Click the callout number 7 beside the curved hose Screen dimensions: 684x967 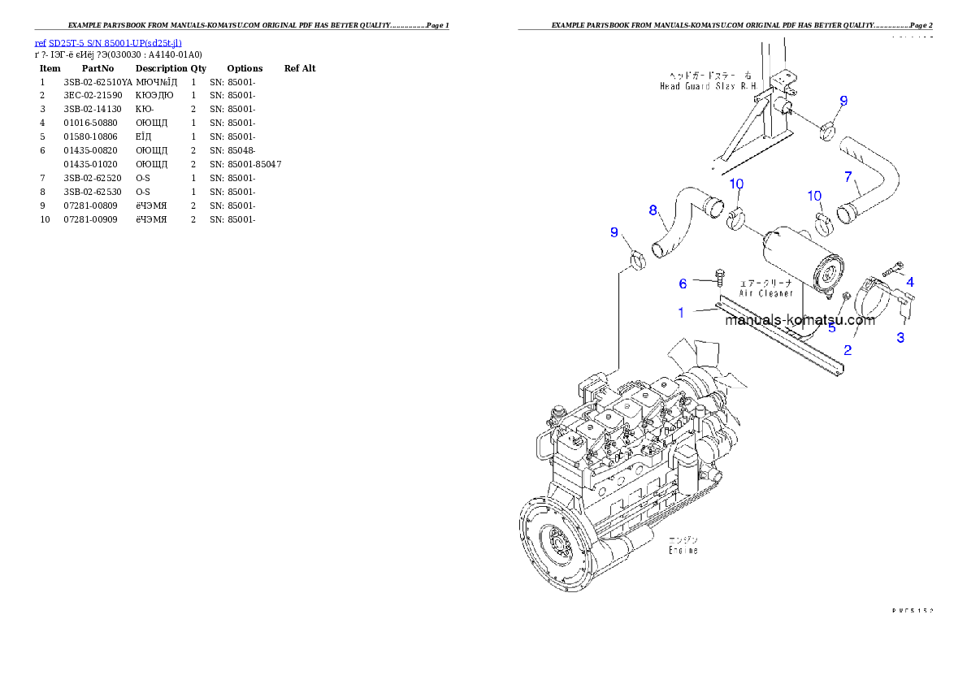pos(848,176)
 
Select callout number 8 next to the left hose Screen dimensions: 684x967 pos(653,210)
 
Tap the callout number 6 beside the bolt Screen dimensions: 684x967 pos(683,284)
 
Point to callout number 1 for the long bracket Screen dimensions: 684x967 pos(681,313)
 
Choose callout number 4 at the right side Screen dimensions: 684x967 pos(910,282)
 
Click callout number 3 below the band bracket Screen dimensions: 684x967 pos(900,338)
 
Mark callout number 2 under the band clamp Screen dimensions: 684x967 pos(848,350)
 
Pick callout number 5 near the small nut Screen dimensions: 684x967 pos(831,328)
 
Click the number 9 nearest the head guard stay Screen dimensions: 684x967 pos(843,101)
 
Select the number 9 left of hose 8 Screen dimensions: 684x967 pos(614,233)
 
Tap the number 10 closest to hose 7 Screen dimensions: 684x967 pos(814,196)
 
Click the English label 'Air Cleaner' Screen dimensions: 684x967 pos(765,293)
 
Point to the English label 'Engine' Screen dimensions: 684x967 pos(683,550)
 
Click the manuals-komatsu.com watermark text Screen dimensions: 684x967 pos(800,319)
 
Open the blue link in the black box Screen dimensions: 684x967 pos(108,42)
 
